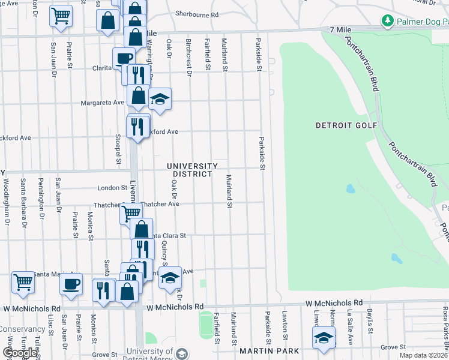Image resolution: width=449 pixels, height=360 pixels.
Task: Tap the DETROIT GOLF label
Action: tap(346, 125)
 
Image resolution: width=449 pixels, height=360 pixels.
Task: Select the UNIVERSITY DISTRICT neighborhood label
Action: tap(192, 170)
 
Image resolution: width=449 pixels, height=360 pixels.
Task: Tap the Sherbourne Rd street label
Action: tap(197, 14)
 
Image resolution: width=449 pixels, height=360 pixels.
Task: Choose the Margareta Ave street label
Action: tap(103, 103)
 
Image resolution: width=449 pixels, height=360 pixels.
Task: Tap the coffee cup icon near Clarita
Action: tap(124, 59)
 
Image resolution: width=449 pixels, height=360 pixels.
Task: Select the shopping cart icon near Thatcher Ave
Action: tap(130, 212)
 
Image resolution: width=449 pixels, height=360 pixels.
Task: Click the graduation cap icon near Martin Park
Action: tap(324, 337)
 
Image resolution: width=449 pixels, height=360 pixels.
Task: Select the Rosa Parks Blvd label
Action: tap(445, 328)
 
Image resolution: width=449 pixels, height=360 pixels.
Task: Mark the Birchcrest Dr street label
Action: tap(188, 58)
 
